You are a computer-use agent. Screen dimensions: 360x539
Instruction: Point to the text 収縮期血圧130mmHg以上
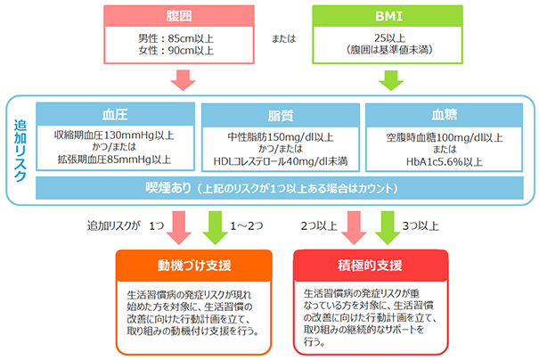coord(113,135)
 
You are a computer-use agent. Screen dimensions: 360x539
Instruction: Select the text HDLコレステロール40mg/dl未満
coord(282,163)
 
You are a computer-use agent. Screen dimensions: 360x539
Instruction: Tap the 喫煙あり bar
coord(282,187)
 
